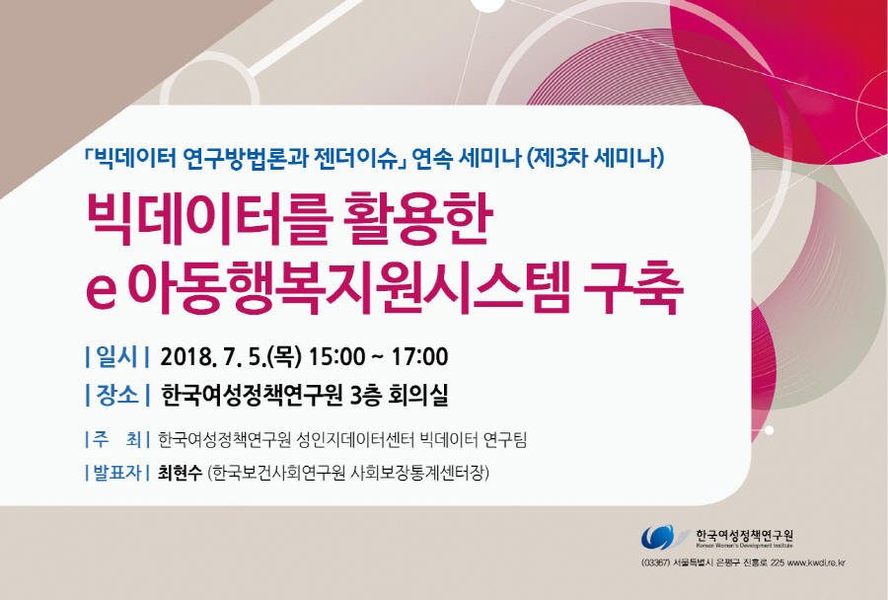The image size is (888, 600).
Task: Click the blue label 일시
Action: (x=116, y=357)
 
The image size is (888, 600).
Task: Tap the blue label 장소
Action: (x=117, y=395)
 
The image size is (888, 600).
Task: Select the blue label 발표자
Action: (x=116, y=472)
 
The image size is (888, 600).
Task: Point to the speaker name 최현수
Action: (x=181, y=472)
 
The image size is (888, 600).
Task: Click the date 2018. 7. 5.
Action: (x=214, y=357)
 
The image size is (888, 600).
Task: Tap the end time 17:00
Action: (x=419, y=357)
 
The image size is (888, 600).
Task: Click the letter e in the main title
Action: (x=102, y=292)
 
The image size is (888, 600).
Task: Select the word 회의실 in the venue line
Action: (x=418, y=395)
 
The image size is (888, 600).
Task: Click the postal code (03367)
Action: (x=656, y=563)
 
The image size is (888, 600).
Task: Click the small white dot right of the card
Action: (x=769, y=430)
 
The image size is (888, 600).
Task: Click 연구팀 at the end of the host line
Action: (x=506, y=439)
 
